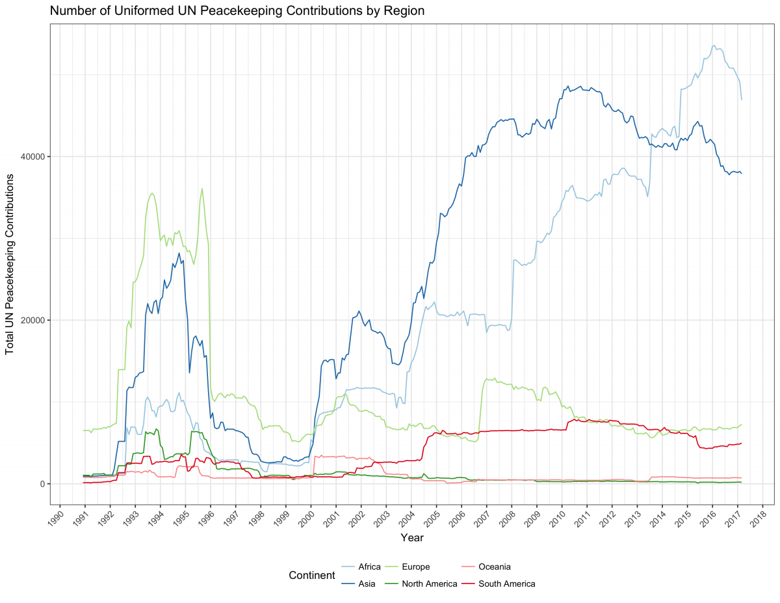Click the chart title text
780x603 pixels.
237,10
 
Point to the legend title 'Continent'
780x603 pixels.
312,575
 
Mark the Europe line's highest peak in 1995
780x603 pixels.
202,189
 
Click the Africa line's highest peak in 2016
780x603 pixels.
714,46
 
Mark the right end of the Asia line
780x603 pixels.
741,174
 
